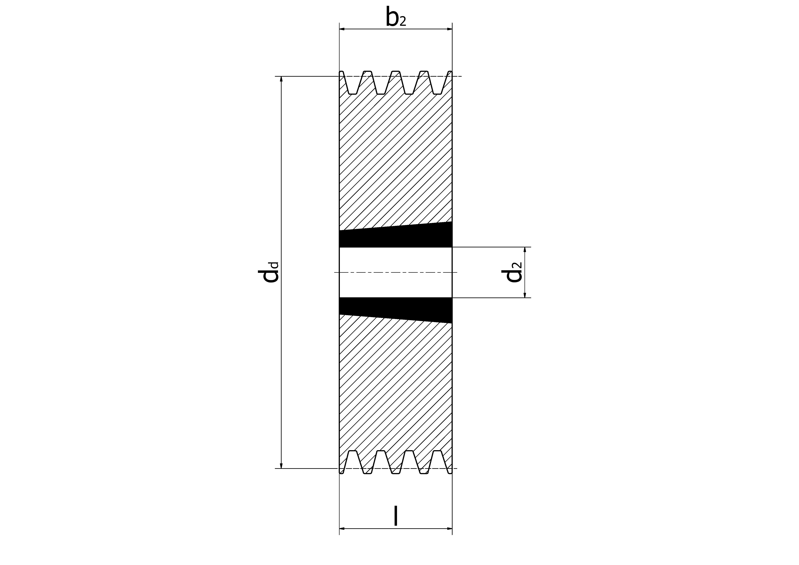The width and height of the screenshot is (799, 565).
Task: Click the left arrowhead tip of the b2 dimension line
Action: click(340, 29)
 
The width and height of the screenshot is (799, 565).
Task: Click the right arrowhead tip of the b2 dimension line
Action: click(452, 29)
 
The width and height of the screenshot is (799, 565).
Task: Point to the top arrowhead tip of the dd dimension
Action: click(281, 77)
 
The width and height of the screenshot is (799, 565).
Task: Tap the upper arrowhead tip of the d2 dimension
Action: click(525, 247)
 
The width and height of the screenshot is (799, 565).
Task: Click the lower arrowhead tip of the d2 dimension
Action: click(525, 298)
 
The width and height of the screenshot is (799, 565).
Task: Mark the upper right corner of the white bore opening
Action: click(452, 247)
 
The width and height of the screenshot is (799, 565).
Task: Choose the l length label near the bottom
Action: click(396, 516)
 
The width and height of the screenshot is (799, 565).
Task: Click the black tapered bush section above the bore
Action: click(396, 237)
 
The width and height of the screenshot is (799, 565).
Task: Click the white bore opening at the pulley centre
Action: click(396, 272)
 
